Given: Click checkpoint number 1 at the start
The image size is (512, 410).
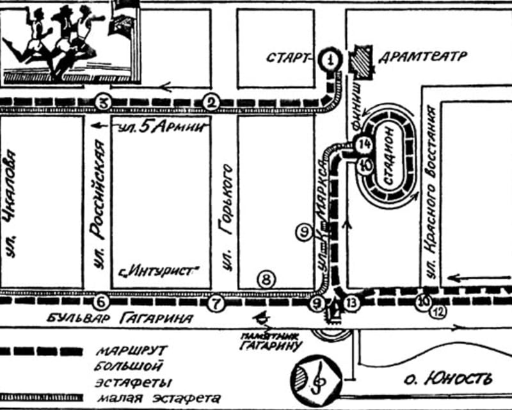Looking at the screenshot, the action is pyautogui.click(x=330, y=60).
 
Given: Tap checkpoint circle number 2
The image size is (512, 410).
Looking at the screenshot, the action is pyautogui.click(x=211, y=102).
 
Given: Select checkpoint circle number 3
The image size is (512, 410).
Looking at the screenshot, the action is pyautogui.click(x=103, y=102).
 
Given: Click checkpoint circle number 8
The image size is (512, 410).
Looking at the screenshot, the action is pyautogui.click(x=266, y=279).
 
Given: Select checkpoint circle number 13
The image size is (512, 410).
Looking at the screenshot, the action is pyautogui.click(x=349, y=303).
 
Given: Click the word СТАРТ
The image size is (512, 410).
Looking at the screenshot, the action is pyautogui.click(x=289, y=58).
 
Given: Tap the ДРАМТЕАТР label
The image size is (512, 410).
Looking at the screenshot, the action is pyautogui.click(x=422, y=56).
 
